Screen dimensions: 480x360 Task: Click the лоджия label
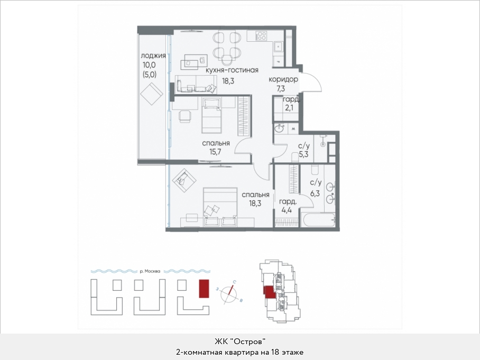[153, 56]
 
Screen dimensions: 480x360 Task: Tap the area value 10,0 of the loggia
[149, 65]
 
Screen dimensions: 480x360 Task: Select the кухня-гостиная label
[232, 70]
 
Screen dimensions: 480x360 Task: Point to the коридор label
[283, 80]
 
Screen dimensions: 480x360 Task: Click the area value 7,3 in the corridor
[281, 89]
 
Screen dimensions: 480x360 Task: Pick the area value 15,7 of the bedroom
[215, 152]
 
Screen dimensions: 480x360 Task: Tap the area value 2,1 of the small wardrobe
[289, 108]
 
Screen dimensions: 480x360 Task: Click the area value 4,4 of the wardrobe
[286, 210]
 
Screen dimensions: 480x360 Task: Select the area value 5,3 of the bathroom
[303, 154]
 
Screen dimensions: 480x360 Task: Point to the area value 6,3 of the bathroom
[315, 193]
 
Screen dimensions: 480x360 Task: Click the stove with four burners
[261, 36]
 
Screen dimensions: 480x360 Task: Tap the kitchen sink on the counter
[278, 47]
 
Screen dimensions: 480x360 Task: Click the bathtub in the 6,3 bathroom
[318, 219]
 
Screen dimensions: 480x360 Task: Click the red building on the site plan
[204, 288]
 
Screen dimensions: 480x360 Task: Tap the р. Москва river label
[150, 271]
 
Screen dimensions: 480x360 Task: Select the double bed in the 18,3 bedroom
[220, 207]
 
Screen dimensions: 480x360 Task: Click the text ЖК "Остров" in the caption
[239, 341]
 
